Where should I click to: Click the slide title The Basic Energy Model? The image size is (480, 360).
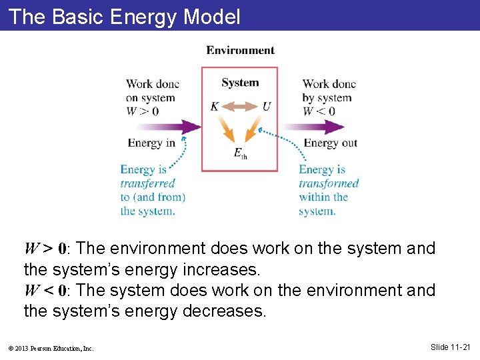125,16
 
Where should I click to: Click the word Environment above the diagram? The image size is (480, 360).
240,50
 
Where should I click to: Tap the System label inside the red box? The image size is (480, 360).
240,83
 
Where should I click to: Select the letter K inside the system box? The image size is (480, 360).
214,107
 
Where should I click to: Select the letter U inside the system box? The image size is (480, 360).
267,107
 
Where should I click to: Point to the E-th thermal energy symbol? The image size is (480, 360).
240,153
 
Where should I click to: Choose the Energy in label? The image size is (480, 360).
151,143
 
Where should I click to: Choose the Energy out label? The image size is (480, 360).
331,143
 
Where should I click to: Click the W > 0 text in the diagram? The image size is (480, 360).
142,111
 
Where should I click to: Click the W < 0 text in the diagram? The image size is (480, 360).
319,111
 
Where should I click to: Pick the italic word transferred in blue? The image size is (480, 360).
148,183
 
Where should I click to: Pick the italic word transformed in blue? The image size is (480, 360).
329,183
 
